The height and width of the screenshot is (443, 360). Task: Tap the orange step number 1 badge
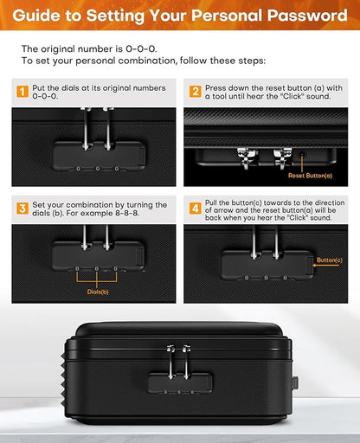[21, 90]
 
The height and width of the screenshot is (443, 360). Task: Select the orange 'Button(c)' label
[329, 260]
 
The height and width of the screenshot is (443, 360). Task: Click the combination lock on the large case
[180, 381]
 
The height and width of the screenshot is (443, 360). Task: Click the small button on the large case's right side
[295, 382]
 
